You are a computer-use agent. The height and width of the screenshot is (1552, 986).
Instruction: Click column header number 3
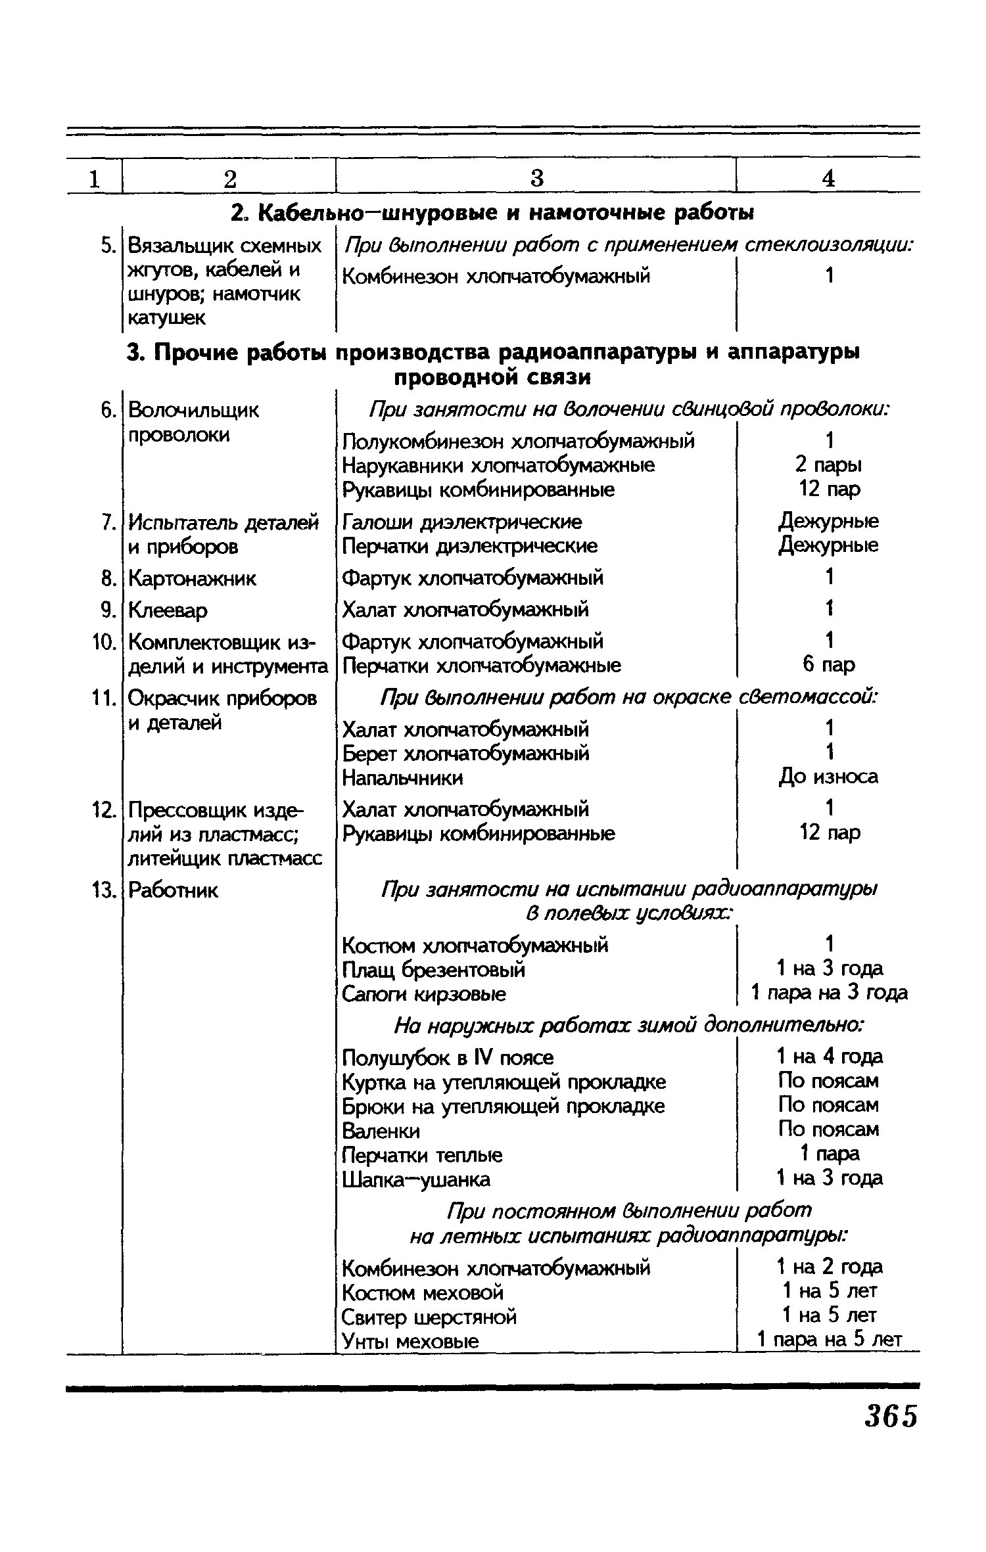pyautogui.click(x=537, y=178)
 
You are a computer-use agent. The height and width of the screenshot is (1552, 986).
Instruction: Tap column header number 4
pyautogui.click(x=829, y=178)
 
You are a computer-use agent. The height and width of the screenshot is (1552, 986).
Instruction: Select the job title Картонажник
pyautogui.click(x=192, y=579)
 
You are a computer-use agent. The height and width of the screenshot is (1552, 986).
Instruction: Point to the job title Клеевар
pyautogui.click(x=168, y=610)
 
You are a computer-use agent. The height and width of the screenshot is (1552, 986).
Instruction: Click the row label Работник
pyautogui.click(x=172, y=890)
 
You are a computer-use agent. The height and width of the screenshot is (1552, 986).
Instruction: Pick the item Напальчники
pyautogui.click(x=402, y=778)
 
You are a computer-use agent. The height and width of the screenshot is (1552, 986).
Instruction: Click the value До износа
pyautogui.click(x=828, y=777)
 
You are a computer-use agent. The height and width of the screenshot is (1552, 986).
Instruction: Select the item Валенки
pyautogui.click(x=381, y=1131)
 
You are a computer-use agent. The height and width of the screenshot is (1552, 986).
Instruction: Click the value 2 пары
pyautogui.click(x=828, y=465)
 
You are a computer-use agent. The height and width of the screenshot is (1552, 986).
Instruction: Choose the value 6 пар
pyautogui.click(x=828, y=665)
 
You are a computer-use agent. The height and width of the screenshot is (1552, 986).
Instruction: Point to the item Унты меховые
pyautogui.click(x=410, y=1341)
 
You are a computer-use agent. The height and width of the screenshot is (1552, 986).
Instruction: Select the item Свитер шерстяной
pyautogui.click(x=429, y=1317)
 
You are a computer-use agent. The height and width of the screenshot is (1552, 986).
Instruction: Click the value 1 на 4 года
pyautogui.click(x=830, y=1057)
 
